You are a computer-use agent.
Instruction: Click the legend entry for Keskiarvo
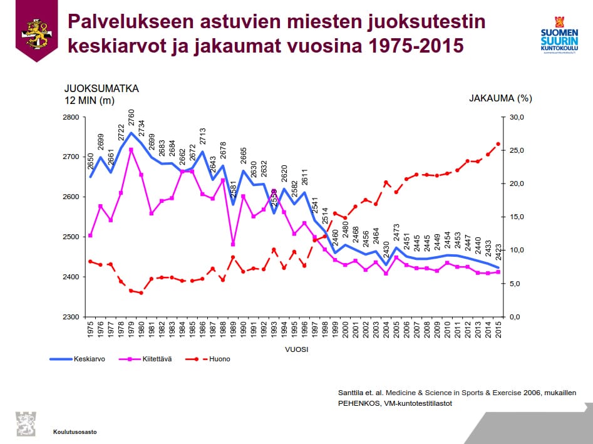coord(88,359)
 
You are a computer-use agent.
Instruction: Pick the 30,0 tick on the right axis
coord(522,117)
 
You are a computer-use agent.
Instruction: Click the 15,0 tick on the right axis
coord(522,217)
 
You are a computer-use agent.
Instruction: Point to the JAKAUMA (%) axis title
coord(500,98)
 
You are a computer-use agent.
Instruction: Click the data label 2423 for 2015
coord(499,252)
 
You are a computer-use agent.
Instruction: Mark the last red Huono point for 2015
coord(498,144)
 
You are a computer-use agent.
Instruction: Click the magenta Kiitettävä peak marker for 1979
coord(131,150)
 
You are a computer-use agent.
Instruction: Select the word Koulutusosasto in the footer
coord(75,431)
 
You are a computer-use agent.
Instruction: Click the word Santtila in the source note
coord(351,392)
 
